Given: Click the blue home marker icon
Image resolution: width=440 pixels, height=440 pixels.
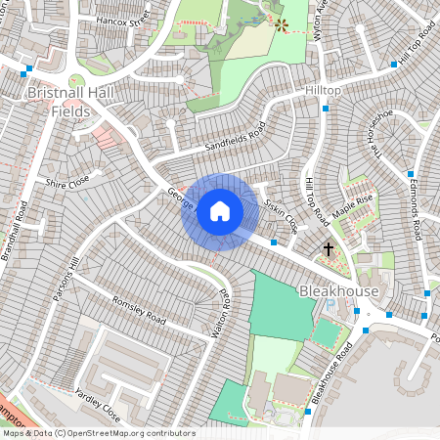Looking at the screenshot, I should pos(220,211).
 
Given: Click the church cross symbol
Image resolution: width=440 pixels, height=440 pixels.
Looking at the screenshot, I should pos(328,250).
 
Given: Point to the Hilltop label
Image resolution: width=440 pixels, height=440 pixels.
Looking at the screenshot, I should pos(323,90).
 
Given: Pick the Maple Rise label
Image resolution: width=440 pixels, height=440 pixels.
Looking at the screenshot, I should pos(353,206).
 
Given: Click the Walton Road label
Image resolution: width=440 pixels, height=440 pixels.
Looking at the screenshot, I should pos(221,313).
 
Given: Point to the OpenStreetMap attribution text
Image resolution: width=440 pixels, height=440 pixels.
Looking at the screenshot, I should pos(98,433).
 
